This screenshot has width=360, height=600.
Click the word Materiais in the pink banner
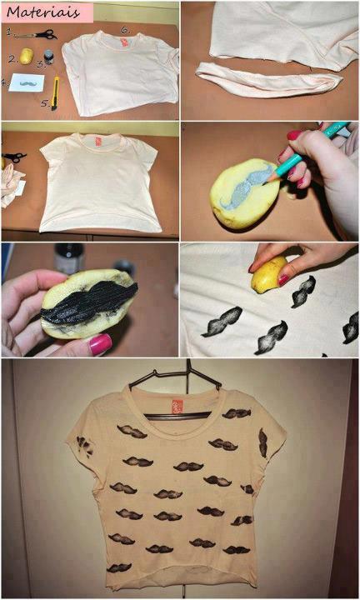(42, 12)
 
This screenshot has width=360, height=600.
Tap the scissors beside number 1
(37, 35)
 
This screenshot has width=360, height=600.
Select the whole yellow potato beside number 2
(27, 56)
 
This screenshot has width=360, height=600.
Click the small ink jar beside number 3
(48, 57)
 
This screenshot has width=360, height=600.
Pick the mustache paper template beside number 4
(27, 82)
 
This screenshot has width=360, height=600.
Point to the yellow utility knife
(56, 92)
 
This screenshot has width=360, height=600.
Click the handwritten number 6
(125, 29)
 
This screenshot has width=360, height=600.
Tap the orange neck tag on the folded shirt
(124, 42)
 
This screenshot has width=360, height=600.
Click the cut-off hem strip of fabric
(269, 79)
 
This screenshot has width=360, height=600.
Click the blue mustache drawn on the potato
(247, 185)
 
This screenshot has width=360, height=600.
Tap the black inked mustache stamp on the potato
(89, 302)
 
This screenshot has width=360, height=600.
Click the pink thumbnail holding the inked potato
(100, 342)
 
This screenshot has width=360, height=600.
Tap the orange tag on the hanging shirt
(177, 406)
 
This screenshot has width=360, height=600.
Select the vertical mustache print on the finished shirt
(262, 443)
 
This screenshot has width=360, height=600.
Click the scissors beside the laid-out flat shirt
(14, 157)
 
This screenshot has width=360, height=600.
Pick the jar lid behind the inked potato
(123, 266)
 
